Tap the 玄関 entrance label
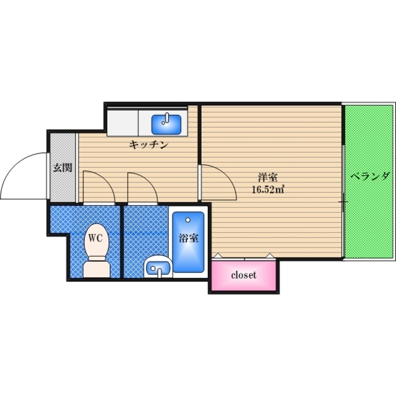click(62, 167)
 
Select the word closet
click(244, 275)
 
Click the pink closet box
click(244, 275)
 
